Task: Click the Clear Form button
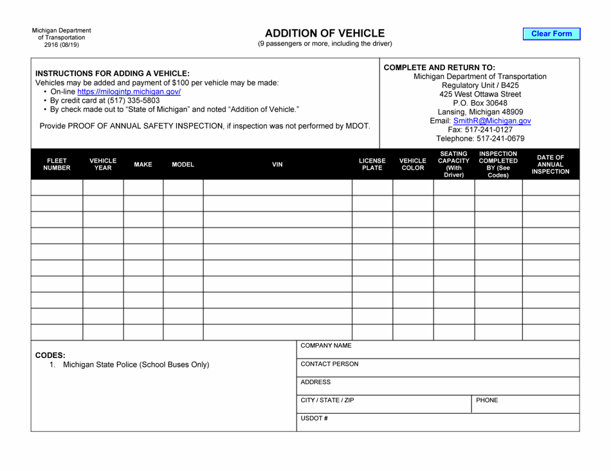coord(551,34)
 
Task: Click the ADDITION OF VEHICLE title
coord(325,33)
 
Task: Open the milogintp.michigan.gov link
coord(129,92)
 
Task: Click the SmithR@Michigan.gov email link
coord(491,121)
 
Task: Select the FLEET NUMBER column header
coord(57,164)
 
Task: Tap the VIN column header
coord(277,164)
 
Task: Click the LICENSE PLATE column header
coord(372,164)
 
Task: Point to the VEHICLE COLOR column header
coord(413,164)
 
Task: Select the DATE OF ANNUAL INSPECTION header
coord(550,164)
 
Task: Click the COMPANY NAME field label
coord(326,346)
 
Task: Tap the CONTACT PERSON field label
coord(329,364)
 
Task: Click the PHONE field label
coord(487,400)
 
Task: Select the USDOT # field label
coord(315,419)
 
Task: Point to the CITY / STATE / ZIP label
coord(327,400)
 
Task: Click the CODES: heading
coord(50,355)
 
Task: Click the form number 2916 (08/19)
coord(62,45)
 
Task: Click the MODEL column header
coord(183,164)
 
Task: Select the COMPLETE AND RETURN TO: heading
coord(439,67)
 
